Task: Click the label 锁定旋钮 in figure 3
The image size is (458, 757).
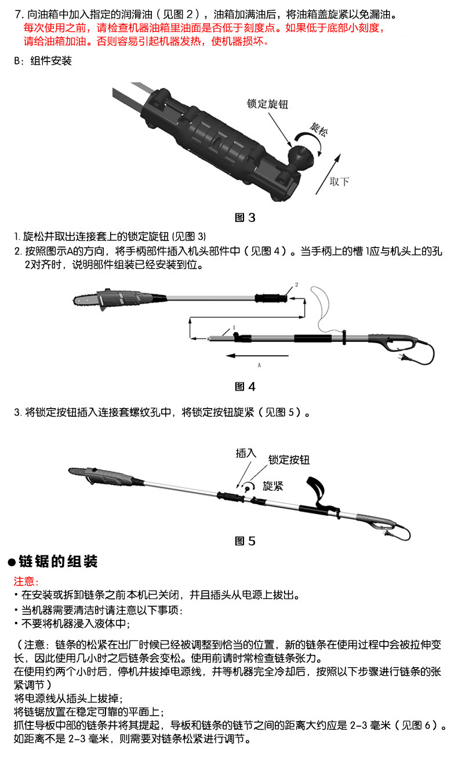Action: tap(267, 104)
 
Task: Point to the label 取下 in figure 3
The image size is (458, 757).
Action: tap(339, 181)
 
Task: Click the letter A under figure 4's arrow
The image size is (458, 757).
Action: tap(259, 366)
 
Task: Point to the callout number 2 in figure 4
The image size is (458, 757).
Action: tap(297, 285)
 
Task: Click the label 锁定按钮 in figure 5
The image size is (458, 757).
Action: tap(289, 460)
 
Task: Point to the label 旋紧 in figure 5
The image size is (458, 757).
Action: tap(272, 486)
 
